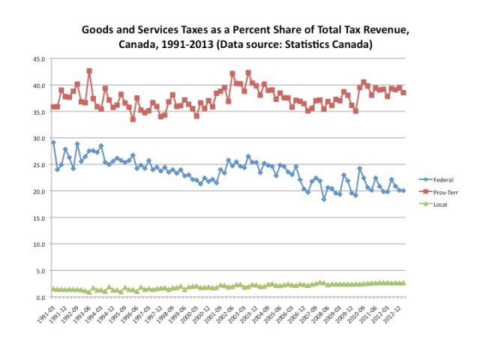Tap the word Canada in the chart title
pyautogui.click(x=139, y=46)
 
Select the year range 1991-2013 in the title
pyautogui.click(x=193, y=46)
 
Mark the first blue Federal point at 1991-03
pyautogui.click(x=52, y=142)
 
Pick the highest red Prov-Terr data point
pyautogui.click(x=89, y=70)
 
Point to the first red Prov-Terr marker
pyautogui.click(x=52, y=107)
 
